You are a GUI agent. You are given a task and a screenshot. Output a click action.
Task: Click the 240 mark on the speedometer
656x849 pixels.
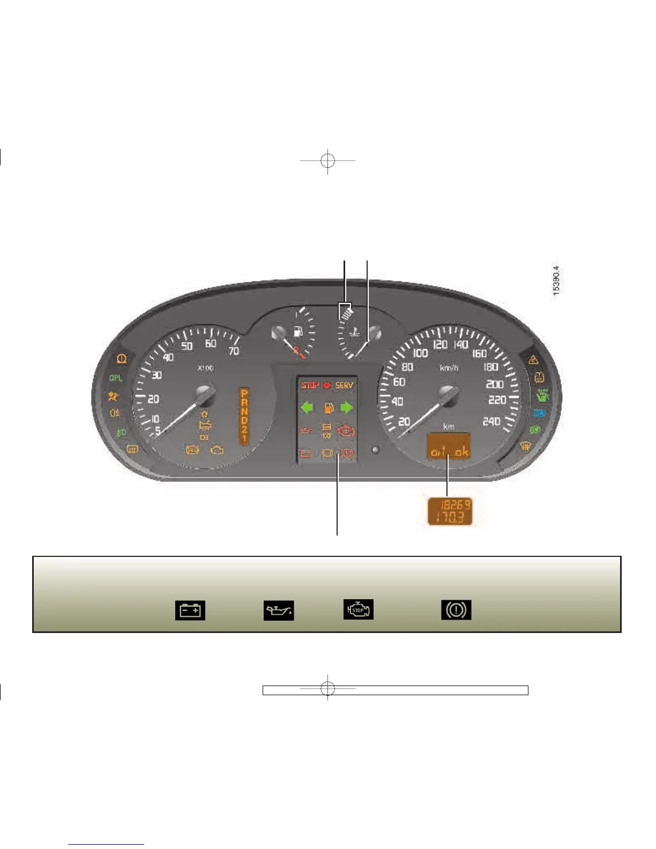click(x=491, y=422)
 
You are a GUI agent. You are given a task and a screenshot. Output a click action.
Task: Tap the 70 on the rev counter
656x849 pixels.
click(x=234, y=352)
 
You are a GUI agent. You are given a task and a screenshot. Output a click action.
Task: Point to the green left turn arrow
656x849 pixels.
click(x=307, y=408)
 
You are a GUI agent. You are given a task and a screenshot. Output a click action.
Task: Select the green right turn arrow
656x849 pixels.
click(x=347, y=408)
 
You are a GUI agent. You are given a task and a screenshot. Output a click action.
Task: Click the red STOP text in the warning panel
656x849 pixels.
click(x=310, y=385)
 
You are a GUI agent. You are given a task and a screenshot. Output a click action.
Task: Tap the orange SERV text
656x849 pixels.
click(x=344, y=385)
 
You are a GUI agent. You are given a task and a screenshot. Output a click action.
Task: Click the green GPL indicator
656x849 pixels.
click(x=116, y=378)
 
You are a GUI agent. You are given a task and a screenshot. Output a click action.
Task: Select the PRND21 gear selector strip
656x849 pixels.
click(x=244, y=415)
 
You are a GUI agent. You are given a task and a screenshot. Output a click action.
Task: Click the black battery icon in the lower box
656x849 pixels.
click(x=190, y=610)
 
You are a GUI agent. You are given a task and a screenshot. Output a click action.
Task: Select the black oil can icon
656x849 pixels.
click(x=279, y=610)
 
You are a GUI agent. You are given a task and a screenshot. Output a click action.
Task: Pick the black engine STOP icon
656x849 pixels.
click(x=359, y=609)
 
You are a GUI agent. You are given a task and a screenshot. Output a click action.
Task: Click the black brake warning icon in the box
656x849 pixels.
click(x=456, y=609)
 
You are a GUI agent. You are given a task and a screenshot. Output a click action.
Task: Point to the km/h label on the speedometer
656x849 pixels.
click(x=449, y=368)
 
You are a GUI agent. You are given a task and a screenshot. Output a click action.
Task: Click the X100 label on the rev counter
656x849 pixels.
click(x=205, y=368)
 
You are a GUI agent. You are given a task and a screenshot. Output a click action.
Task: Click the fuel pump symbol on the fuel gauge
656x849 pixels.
click(x=299, y=331)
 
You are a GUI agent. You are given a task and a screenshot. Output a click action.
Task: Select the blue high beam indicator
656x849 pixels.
click(x=539, y=413)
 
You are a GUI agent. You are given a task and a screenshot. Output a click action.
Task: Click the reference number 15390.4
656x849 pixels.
click(x=556, y=280)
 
